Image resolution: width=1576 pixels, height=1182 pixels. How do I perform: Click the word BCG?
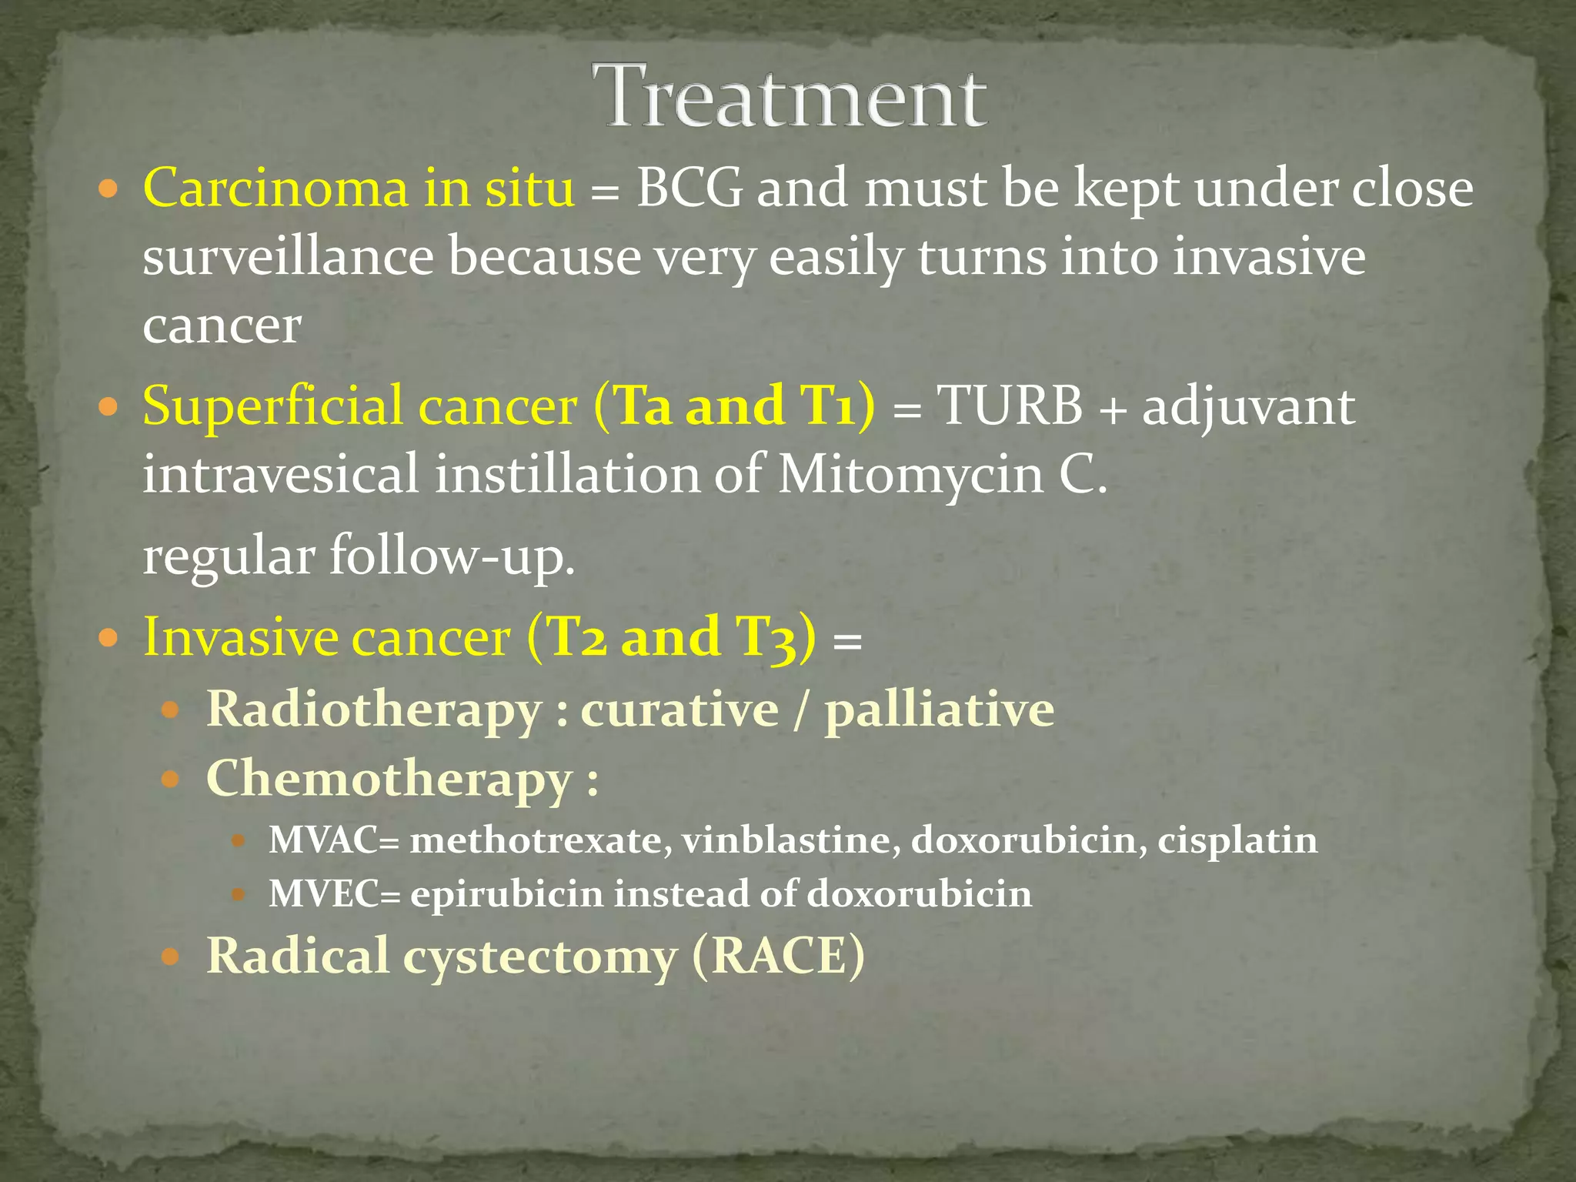tap(689, 189)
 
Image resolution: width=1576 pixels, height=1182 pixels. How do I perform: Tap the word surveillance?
tap(288, 257)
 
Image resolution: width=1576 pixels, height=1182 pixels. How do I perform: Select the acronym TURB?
tap(1009, 406)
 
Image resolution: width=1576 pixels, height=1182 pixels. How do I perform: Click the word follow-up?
tap(452, 556)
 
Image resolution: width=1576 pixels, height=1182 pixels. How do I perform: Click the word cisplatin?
tap(1237, 840)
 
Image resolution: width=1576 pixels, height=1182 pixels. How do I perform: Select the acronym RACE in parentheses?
tap(778, 957)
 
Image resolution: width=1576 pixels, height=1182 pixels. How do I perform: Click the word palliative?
tap(939, 710)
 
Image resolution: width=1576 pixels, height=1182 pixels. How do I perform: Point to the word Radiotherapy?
tap(374, 710)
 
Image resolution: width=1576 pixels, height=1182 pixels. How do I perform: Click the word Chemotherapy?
tap(389, 780)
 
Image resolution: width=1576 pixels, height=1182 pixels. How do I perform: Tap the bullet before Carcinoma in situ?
tap(109, 189)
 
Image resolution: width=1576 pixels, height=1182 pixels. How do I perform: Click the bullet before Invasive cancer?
tap(109, 638)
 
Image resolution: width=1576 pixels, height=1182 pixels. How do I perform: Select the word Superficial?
tap(272, 406)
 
